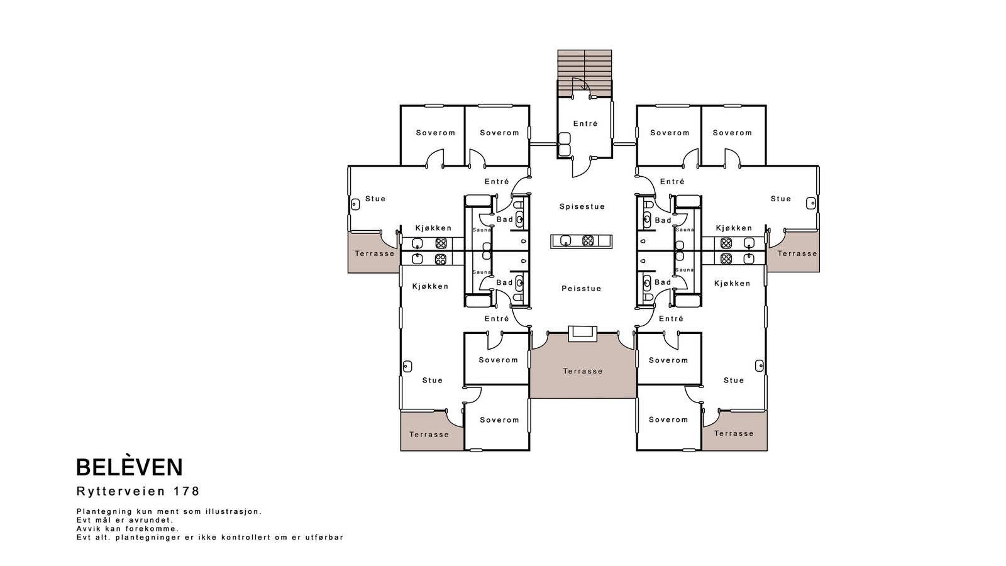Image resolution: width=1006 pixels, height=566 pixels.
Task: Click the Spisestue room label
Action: (582, 207)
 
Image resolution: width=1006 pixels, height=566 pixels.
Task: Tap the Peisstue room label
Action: (582, 289)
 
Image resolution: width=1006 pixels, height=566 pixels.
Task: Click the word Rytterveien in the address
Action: (121, 491)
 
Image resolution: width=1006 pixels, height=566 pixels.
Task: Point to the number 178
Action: (186, 491)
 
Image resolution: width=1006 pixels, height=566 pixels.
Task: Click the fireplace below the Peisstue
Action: (582, 333)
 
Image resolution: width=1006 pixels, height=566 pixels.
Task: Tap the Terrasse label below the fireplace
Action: (583, 371)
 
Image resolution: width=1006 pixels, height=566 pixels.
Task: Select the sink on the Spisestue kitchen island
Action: (565, 241)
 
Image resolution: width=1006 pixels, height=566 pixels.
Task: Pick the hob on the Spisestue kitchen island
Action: (588, 241)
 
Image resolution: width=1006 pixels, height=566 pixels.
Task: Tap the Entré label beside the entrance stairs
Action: (585, 123)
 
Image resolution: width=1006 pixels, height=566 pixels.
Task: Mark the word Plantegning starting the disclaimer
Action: (104, 512)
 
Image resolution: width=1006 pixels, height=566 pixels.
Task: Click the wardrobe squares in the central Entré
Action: (564, 144)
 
